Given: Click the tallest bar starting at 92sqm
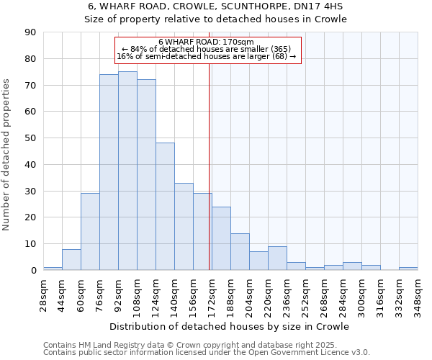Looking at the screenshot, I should pos(127,171).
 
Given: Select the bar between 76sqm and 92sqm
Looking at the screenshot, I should pos(109,172).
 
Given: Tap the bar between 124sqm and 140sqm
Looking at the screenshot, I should pos(165,206).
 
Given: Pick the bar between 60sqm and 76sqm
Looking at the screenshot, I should pos(90,231).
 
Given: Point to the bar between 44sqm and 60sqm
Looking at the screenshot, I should pos(71,259).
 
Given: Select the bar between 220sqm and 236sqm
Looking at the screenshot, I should pos(277,258).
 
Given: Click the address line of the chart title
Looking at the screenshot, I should pos(216,6).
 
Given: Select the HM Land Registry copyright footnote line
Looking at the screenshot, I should pos(185,345).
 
